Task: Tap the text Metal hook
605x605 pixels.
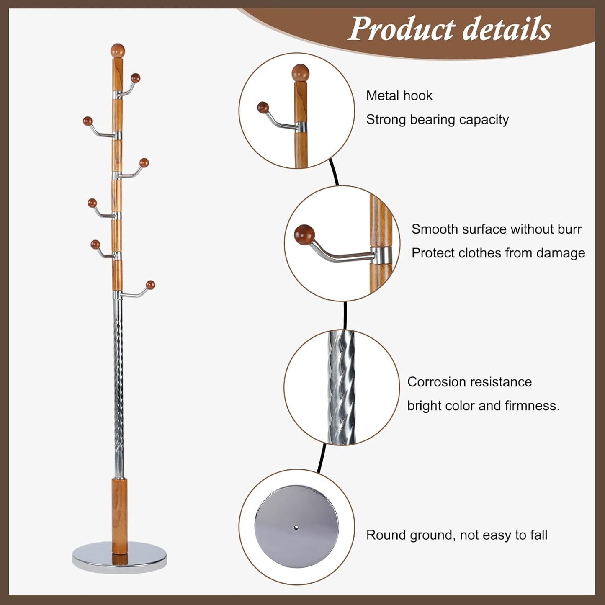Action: pyautogui.click(x=399, y=96)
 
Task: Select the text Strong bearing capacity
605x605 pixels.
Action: pyautogui.click(x=437, y=120)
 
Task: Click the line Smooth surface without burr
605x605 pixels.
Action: pyautogui.click(x=496, y=229)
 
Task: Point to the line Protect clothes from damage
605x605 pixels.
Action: pyautogui.click(x=498, y=253)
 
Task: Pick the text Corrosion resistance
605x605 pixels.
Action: pyautogui.click(x=469, y=382)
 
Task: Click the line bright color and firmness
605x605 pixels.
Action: pyautogui.click(x=483, y=406)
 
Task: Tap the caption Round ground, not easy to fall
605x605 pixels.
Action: pyautogui.click(x=456, y=535)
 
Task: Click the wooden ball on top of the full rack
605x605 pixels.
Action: pyautogui.click(x=118, y=51)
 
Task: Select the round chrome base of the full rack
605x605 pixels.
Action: pyautogui.click(x=119, y=556)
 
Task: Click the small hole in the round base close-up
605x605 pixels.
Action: pyautogui.click(x=296, y=528)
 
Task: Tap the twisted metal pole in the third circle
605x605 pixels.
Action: pyautogui.click(x=342, y=387)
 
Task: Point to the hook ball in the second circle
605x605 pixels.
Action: pyautogui.click(x=304, y=235)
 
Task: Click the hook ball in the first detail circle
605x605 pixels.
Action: pyautogui.click(x=263, y=108)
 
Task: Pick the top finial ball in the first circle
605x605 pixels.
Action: pyautogui.click(x=300, y=73)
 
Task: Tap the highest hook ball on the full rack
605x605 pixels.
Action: pyautogui.click(x=135, y=78)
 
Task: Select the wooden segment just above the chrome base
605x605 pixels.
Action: pyautogui.click(x=119, y=515)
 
